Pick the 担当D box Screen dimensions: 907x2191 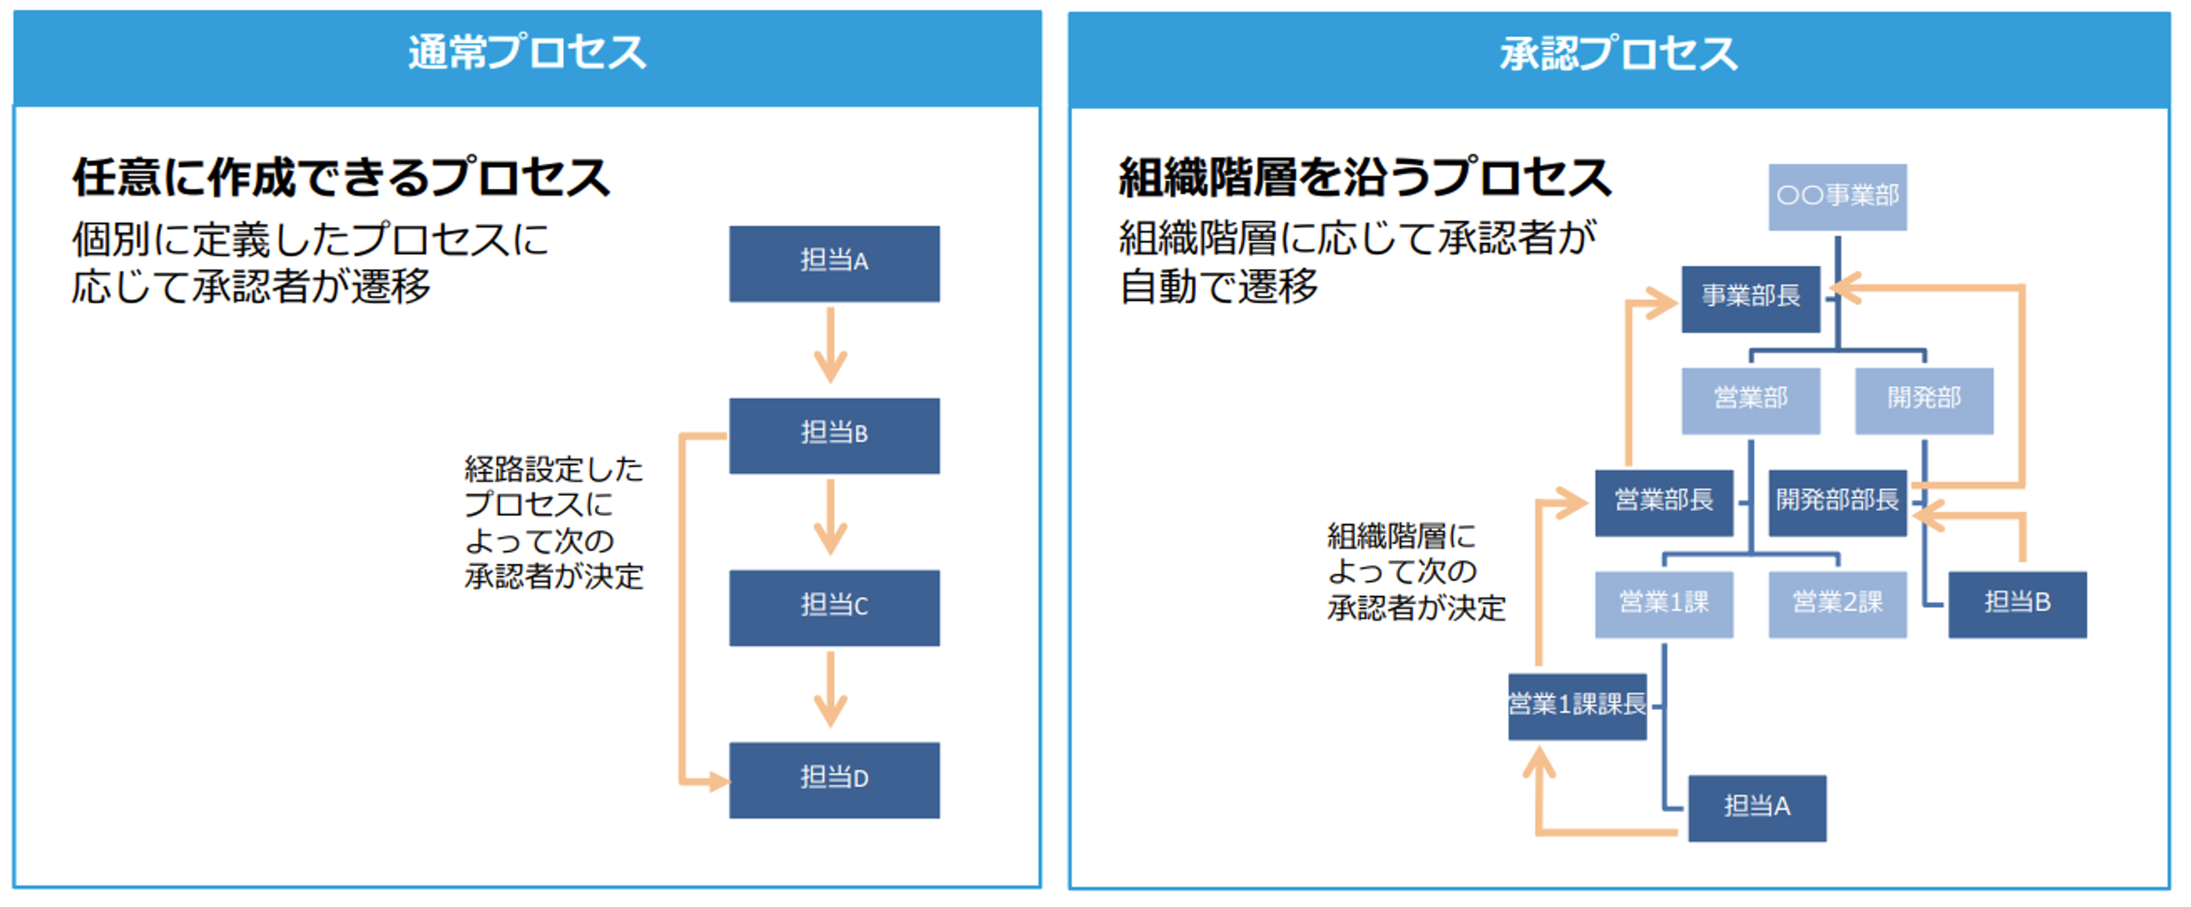833,779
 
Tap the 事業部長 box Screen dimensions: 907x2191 1751,298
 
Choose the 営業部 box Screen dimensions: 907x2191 1751,400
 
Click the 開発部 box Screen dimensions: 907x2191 1924,400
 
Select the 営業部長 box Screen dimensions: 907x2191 1664,502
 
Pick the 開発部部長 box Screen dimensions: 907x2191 1837,502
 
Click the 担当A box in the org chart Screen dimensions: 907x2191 1757,808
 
